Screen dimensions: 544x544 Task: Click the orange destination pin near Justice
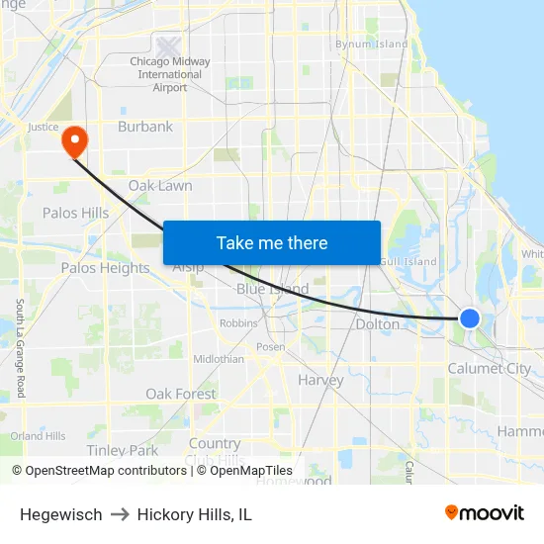tap(74, 140)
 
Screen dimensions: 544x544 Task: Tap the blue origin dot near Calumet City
tap(470, 318)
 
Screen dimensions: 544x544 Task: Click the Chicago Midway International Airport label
tap(170, 74)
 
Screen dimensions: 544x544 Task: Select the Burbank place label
tap(145, 127)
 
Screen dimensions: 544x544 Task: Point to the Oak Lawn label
tap(160, 186)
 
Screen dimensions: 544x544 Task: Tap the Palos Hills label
tap(75, 213)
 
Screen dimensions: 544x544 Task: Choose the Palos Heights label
tap(105, 268)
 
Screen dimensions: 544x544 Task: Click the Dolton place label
tap(378, 324)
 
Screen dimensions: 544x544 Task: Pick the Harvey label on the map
tap(320, 380)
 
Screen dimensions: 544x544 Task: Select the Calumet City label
tap(489, 369)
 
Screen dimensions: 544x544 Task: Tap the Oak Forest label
tap(181, 394)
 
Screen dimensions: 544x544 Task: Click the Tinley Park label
tap(122, 450)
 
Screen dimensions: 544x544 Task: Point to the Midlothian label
tap(219, 359)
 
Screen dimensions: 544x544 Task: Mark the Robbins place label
tap(238, 323)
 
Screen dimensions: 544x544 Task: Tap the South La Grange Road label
tap(20, 348)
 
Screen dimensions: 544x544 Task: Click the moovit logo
tap(485, 513)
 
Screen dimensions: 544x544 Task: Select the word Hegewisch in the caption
tap(60, 514)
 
